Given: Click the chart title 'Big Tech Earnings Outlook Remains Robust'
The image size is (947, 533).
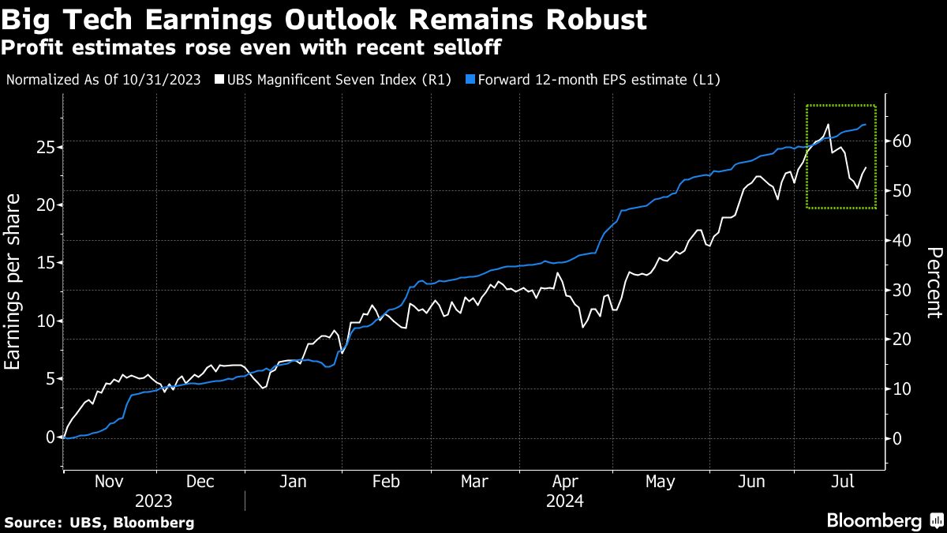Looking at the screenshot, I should pyautogui.click(x=325, y=19).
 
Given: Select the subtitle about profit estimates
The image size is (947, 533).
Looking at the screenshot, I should pyautogui.click(x=253, y=48).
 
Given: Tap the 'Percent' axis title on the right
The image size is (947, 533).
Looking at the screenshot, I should pyautogui.click(x=934, y=283).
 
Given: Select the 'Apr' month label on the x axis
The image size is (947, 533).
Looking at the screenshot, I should pyautogui.click(x=567, y=482).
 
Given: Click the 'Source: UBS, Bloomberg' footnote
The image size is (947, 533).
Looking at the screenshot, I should pyautogui.click(x=99, y=523).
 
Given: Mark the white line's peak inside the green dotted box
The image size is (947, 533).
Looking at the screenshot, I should pyautogui.click(x=827, y=125).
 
